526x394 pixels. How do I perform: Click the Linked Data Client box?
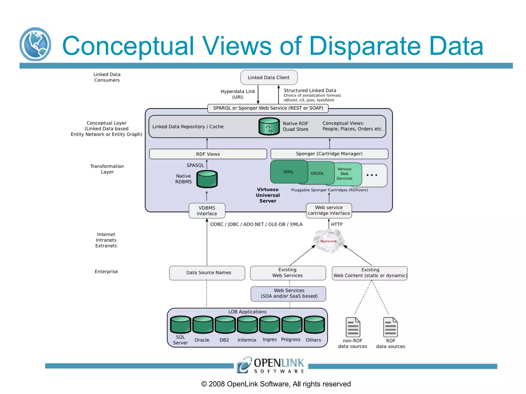coord(269,77)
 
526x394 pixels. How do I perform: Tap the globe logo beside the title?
coord(35,44)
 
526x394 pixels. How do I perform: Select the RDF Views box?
coord(208,154)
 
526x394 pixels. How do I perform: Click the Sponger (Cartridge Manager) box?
coord(329,154)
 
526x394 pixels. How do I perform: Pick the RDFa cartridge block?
coord(288,172)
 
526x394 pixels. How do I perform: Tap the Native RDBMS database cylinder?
coord(207,179)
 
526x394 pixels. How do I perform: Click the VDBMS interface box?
coord(207,211)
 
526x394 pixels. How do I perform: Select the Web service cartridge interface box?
coord(328,210)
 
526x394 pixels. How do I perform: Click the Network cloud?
coord(328,241)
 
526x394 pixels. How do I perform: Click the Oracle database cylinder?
coord(203,325)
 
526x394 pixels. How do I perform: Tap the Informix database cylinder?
coord(247,325)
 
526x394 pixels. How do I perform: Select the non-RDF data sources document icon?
coord(353,327)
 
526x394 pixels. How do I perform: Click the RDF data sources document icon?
coord(390,327)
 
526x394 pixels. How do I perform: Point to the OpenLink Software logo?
coord(271,365)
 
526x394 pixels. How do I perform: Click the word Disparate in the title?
coord(365,46)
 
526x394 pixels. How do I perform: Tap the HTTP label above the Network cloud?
coord(336,224)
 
